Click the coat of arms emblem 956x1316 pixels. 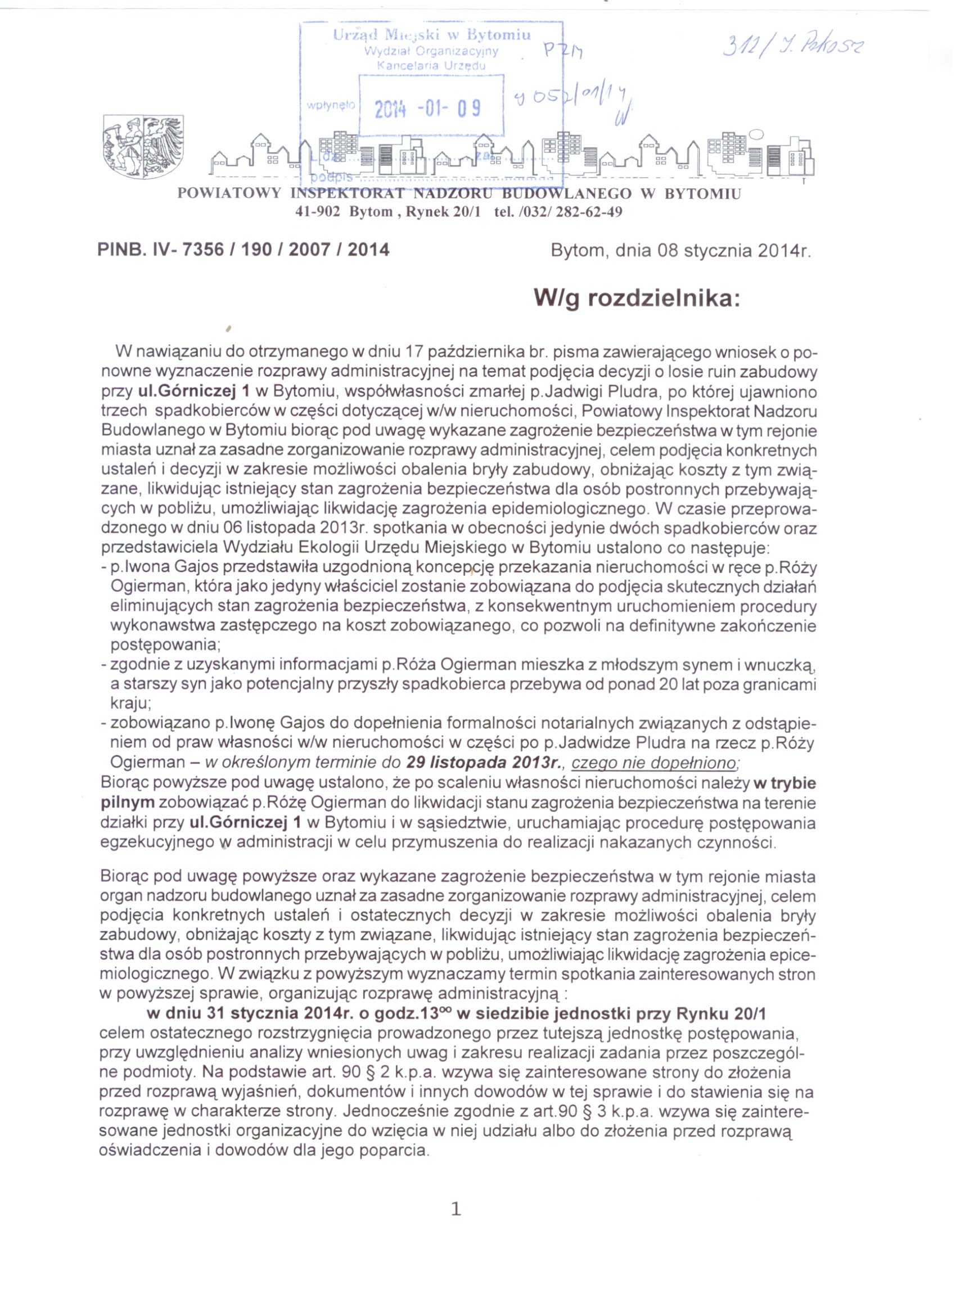click(x=143, y=146)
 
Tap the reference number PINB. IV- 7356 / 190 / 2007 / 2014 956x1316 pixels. click(x=243, y=250)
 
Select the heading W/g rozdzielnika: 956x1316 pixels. click(x=638, y=299)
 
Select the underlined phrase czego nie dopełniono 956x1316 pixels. click(x=654, y=763)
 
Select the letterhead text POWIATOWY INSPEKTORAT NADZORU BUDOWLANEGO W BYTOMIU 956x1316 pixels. click(x=459, y=194)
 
